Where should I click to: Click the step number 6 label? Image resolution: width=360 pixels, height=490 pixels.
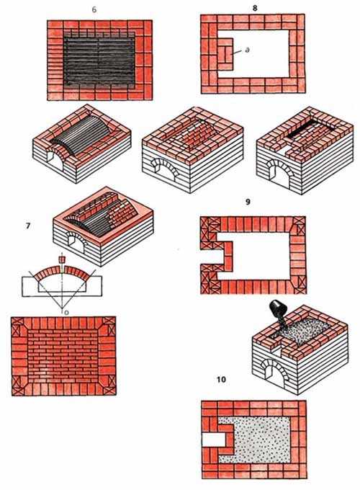click(x=94, y=10)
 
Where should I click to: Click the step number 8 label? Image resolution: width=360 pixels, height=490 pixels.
click(x=255, y=8)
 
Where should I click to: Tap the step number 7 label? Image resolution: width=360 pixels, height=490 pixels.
click(x=28, y=226)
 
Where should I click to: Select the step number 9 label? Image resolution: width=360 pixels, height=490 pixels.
click(x=248, y=202)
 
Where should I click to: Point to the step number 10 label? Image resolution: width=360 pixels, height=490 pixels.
click(x=221, y=380)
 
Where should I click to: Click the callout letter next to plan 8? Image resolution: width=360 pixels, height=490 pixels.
click(x=247, y=50)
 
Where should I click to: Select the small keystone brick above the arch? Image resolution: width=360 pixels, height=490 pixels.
click(x=61, y=259)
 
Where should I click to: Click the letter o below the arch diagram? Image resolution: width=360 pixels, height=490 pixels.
click(x=63, y=312)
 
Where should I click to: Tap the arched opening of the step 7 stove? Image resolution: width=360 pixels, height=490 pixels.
click(x=75, y=244)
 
